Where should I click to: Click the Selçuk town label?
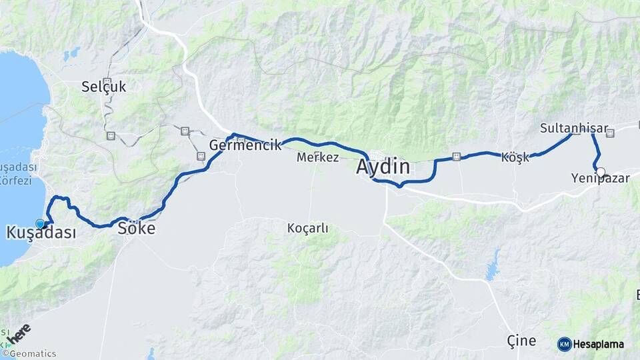tap(103, 86)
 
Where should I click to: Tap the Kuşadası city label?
tap(41, 233)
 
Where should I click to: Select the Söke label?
tap(136, 229)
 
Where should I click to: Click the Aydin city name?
tap(383, 167)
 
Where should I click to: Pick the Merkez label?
tap(318, 158)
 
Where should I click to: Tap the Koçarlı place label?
tap(307, 228)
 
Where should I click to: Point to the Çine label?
tap(521, 341)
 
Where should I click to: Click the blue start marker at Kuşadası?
tap(41, 224)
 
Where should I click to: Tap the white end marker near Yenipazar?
tap(601, 172)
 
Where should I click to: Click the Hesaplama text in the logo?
tap(599, 345)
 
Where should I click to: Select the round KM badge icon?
tap(564, 344)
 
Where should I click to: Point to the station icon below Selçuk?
tap(111, 135)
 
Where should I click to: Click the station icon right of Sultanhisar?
tap(609, 133)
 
